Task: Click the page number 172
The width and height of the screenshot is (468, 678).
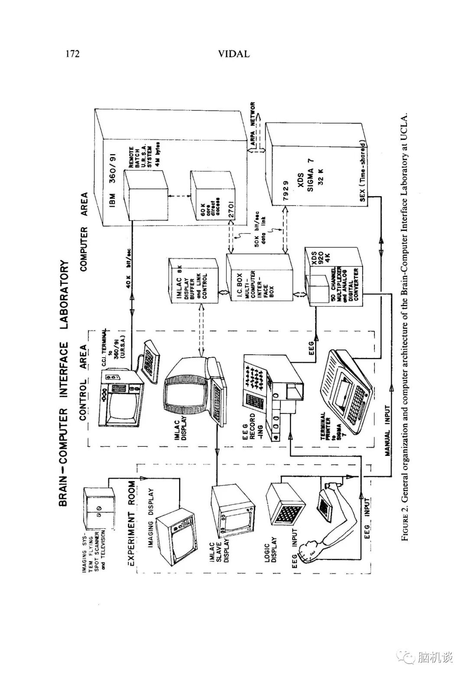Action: click(72, 54)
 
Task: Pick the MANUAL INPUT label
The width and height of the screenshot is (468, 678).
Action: click(387, 433)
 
